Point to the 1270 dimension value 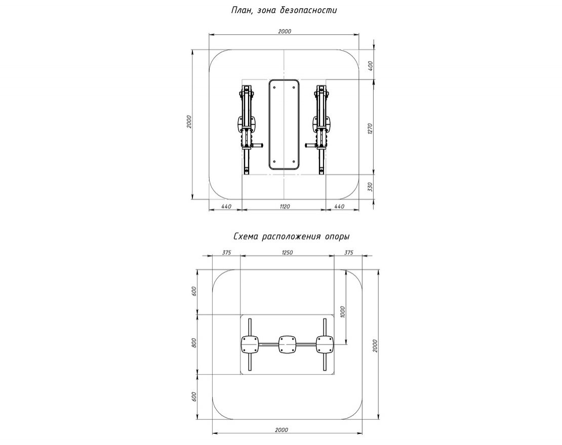(371, 129)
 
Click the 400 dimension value (371, 65)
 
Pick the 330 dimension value (371, 187)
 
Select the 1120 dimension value (284, 207)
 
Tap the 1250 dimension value (287, 253)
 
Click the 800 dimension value (193, 343)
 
